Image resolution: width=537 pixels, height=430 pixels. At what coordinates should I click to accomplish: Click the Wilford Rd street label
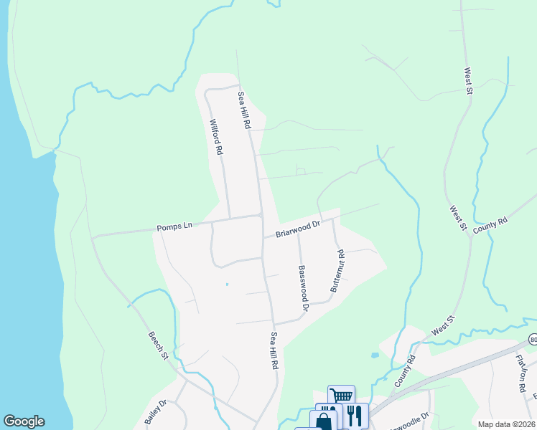pyautogui.click(x=216, y=138)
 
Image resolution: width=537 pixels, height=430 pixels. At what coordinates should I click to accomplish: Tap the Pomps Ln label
pyautogui.click(x=174, y=227)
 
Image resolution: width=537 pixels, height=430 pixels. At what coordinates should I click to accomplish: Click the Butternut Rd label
pyautogui.click(x=337, y=270)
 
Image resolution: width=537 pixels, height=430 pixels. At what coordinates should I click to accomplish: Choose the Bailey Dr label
pyautogui.click(x=156, y=412)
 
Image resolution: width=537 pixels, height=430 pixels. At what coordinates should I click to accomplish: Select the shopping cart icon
pyautogui.click(x=341, y=396)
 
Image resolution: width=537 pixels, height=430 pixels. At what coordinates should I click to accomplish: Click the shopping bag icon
pyautogui.click(x=324, y=421)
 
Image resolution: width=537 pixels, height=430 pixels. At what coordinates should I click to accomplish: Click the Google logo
pyautogui.click(x=24, y=421)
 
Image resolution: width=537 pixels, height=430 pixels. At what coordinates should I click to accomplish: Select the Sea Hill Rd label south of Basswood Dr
pyautogui.click(x=274, y=350)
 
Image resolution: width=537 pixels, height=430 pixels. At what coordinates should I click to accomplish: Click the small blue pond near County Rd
pyautogui.click(x=374, y=355)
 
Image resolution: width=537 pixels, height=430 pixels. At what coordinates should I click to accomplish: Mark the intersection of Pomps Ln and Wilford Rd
pyautogui.click(x=229, y=219)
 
